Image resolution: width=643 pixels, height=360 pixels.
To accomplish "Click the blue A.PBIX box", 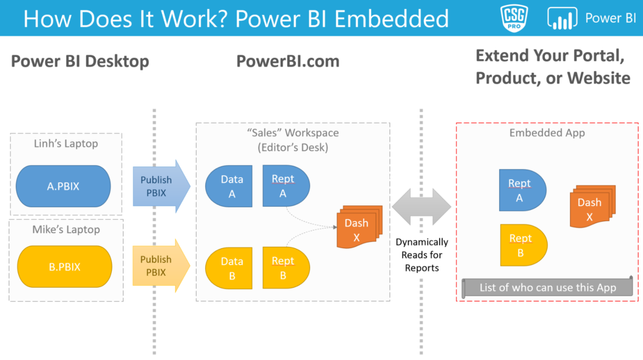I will pos(63,187).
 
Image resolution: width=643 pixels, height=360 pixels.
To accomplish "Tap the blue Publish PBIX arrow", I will pos(161,187).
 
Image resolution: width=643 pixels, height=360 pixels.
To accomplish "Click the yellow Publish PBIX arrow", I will pos(161,265).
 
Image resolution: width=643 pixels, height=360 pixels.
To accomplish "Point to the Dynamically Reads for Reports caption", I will pos(421,254).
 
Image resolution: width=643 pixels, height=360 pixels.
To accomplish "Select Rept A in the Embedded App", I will pos(521,190).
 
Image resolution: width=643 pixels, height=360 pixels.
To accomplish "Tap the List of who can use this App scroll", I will pos(548,288).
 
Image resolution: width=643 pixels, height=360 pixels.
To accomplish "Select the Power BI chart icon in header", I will pos(562,18).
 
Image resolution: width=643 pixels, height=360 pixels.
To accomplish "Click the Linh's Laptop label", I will pos(66,144).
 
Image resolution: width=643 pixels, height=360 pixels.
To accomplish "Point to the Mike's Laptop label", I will pos(66,229).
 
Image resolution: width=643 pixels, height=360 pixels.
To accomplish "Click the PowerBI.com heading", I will pos(288,61).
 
